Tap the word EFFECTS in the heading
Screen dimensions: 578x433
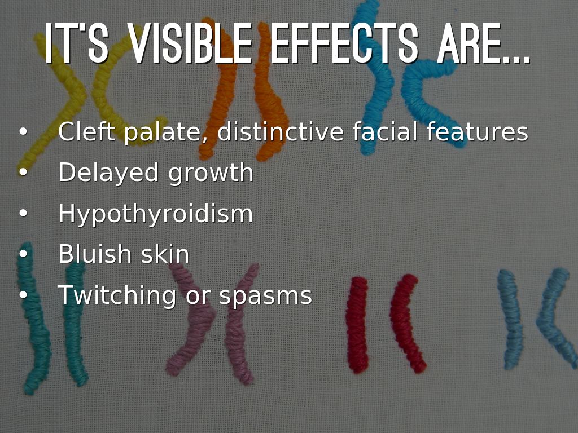(344, 43)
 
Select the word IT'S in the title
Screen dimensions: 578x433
(77, 43)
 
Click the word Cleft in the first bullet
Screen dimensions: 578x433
(86, 131)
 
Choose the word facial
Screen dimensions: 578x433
(385, 131)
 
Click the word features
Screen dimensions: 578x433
(478, 131)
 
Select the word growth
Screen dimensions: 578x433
(211, 173)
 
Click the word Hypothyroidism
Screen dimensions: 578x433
(156, 214)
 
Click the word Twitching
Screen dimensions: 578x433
(117, 296)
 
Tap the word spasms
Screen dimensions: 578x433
(265, 297)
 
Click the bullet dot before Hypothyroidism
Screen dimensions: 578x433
(23, 213)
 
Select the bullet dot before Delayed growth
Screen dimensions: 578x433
(23, 172)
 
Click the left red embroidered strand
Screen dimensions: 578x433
(357, 324)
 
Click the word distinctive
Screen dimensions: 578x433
(281, 131)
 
